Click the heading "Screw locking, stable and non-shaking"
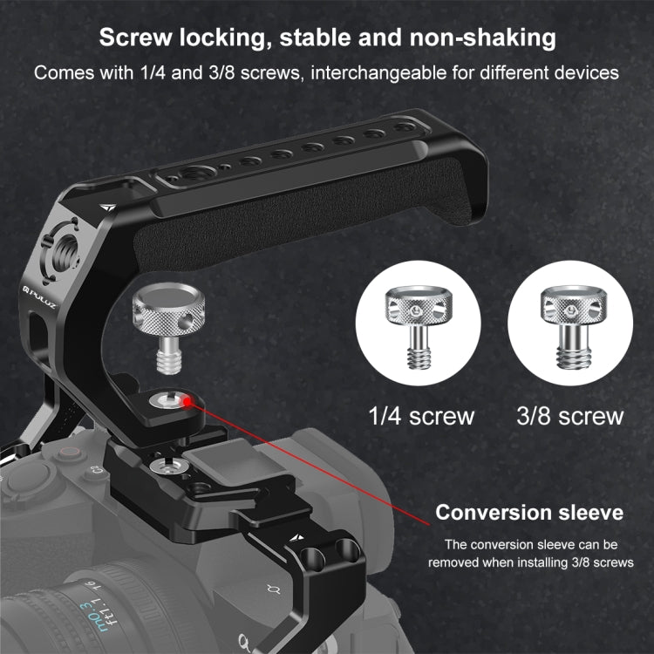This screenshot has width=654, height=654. point(326,37)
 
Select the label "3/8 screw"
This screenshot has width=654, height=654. point(569,415)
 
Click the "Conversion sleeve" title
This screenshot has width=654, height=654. point(529,512)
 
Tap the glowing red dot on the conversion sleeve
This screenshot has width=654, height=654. point(187,400)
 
